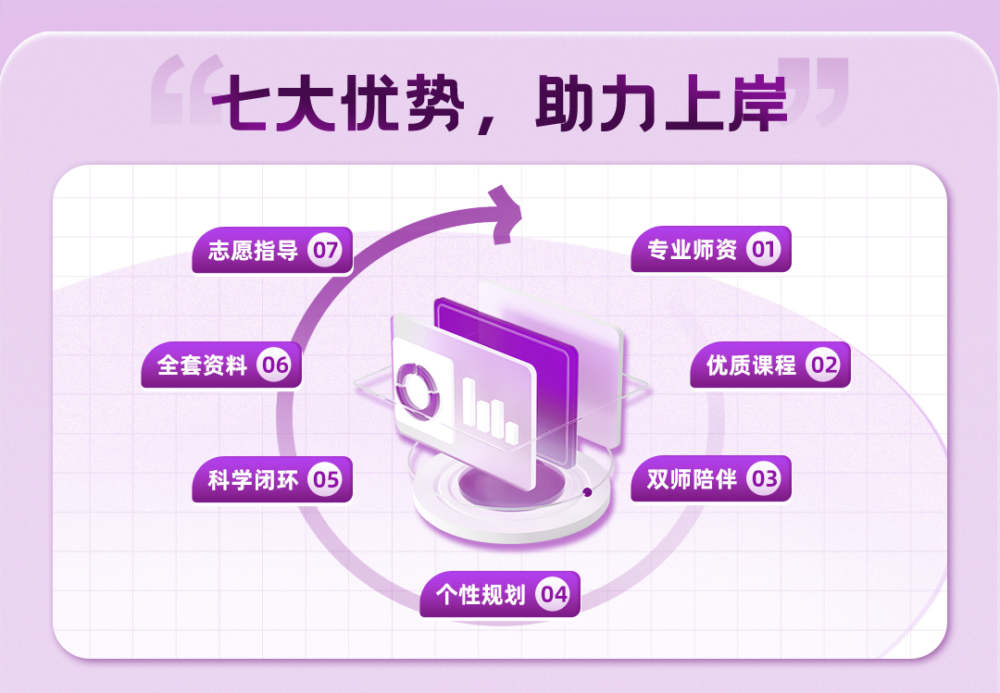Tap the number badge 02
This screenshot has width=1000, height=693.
click(x=823, y=365)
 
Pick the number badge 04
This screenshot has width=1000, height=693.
click(x=554, y=594)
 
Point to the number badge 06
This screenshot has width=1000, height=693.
click(x=275, y=365)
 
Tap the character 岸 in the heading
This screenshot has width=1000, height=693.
click(x=755, y=101)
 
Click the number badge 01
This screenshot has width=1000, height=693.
click(x=764, y=250)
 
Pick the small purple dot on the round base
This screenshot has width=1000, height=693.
click(x=587, y=492)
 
